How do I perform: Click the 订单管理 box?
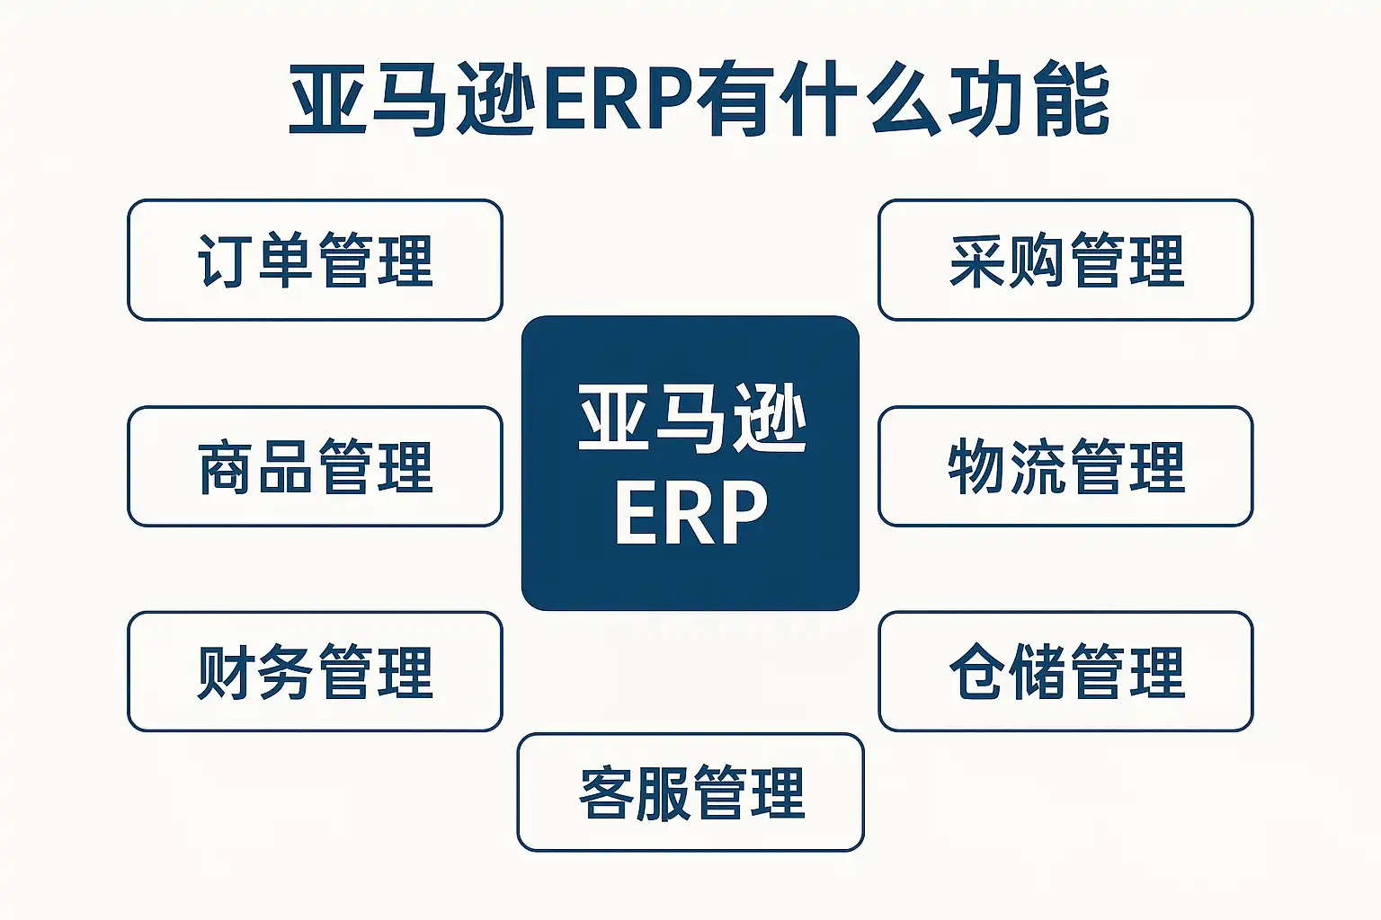(315, 260)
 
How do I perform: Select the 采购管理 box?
(1065, 260)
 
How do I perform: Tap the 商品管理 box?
(315, 466)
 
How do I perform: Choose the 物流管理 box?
(1065, 466)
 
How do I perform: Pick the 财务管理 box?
(315, 672)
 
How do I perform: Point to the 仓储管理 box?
(1065, 672)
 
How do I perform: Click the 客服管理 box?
(690, 792)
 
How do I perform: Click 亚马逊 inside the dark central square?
(691, 419)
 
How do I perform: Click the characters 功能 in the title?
(1029, 99)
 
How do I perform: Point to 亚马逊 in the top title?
(412, 99)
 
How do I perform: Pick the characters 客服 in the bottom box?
(634, 793)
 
